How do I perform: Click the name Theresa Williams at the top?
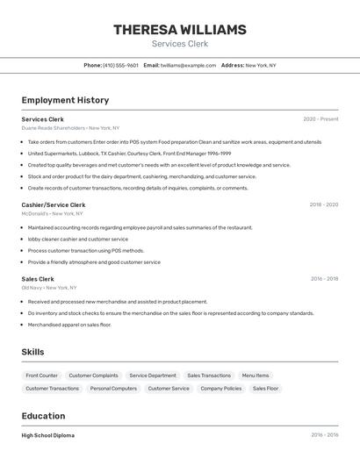click(179, 30)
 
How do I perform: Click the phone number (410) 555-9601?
click(120, 65)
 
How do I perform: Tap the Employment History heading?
click(65, 100)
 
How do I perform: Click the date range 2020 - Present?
click(320, 119)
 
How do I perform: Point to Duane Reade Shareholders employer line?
click(70, 128)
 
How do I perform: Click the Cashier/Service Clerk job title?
click(54, 204)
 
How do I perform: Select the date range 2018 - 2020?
click(323, 204)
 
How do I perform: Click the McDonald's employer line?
click(52, 213)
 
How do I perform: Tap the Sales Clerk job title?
click(38, 279)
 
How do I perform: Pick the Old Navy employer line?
click(49, 288)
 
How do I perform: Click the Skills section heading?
click(33, 352)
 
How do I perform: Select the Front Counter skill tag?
click(42, 376)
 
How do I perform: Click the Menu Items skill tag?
click(256, 376)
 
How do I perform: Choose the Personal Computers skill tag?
click(113, 388)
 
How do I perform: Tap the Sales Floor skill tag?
click(265, 388)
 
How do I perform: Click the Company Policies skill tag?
click(220, 388)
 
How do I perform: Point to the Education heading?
click(43, 416)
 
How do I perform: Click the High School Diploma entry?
click(48, 435)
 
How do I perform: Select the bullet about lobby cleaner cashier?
click(77, 239)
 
